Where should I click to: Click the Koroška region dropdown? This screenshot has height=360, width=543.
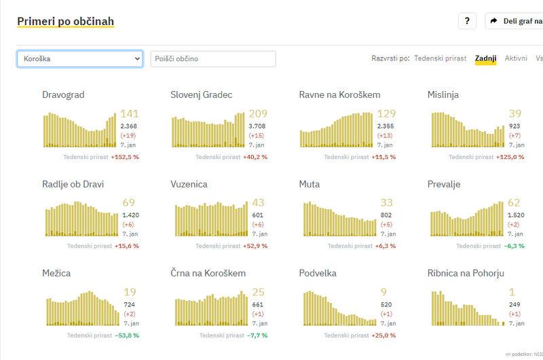point(79,59)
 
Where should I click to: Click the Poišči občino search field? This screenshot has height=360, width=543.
point(213,59)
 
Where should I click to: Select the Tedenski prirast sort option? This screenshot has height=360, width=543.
point(440,58)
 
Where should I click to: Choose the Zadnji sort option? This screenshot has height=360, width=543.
point(485,58)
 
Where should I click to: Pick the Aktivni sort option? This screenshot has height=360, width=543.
point(516,58)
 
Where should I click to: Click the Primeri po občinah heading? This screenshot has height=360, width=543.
point(65,21)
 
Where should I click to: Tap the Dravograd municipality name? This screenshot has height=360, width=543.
point(63,94)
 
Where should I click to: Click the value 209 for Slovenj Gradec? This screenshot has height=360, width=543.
point(258,114)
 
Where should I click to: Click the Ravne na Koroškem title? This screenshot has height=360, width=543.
point(339,94)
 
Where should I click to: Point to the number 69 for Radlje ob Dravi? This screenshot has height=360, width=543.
point(128,203)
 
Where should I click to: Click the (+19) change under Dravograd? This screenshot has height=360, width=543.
point(128,136)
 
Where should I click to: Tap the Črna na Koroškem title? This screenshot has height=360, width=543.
point(208,273)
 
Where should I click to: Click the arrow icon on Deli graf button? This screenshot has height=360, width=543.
point(494,21)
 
